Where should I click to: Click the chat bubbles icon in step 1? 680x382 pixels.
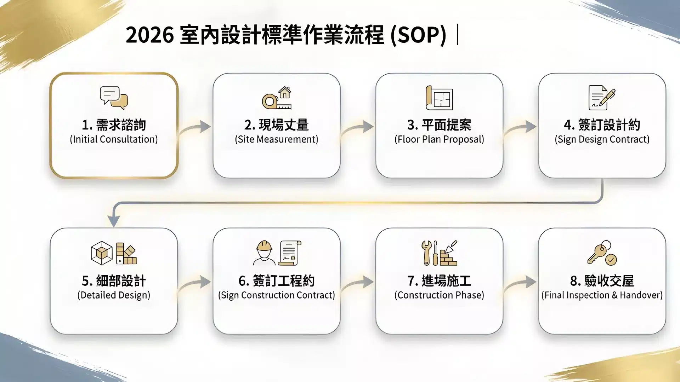tap(114, 98)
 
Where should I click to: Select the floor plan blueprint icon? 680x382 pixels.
tap(439, 98)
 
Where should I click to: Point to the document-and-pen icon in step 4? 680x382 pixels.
tap(602, 98)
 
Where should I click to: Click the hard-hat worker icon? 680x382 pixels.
tap(264, 253)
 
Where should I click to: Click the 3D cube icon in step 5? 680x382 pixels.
tap(102, 253)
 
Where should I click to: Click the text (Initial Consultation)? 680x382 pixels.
tap(114, 139)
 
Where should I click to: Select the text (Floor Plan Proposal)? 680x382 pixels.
tap(439, 139)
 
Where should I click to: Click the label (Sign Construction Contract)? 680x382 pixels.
tap(276, 295)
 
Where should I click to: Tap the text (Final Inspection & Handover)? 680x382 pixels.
tap(602, 295)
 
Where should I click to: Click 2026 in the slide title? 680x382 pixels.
tap(149, 35)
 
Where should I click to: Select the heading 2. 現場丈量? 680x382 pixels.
tap(276, 125)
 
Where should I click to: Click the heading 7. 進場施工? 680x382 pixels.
tap(439, 281)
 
